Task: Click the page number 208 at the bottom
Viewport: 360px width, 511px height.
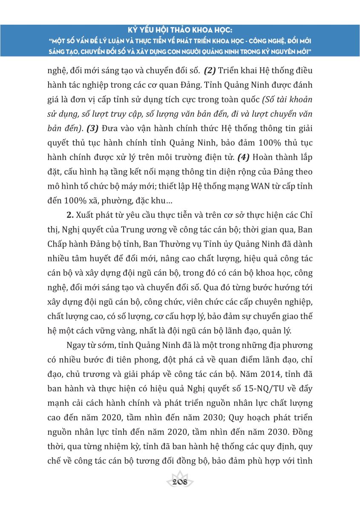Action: coord(180,483)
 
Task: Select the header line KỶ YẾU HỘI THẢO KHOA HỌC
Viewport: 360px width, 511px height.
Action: coord(180,31)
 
